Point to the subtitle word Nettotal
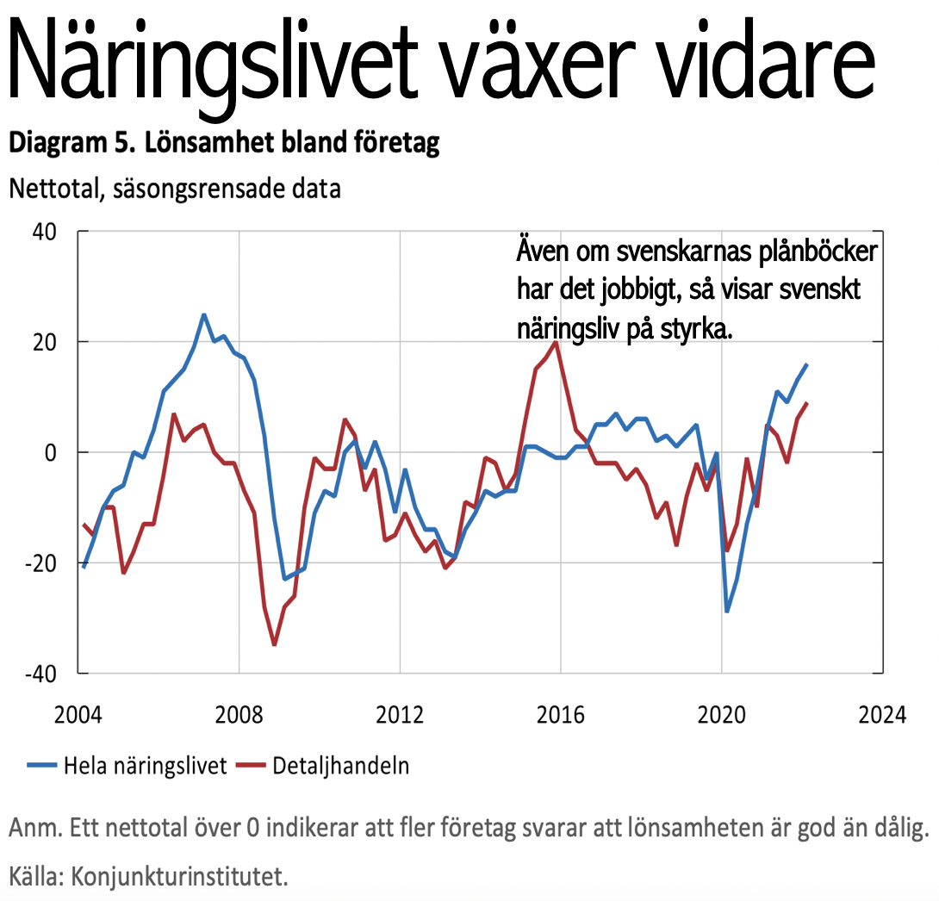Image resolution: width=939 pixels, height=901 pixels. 53,189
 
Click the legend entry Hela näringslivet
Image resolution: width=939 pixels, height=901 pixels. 145,766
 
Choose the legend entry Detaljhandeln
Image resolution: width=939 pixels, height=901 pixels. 340,766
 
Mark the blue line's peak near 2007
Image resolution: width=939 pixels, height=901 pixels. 203,314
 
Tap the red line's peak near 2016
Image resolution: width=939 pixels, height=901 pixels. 557,342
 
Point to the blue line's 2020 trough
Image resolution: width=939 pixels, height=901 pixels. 727,612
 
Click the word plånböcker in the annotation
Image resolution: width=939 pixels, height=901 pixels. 804,253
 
